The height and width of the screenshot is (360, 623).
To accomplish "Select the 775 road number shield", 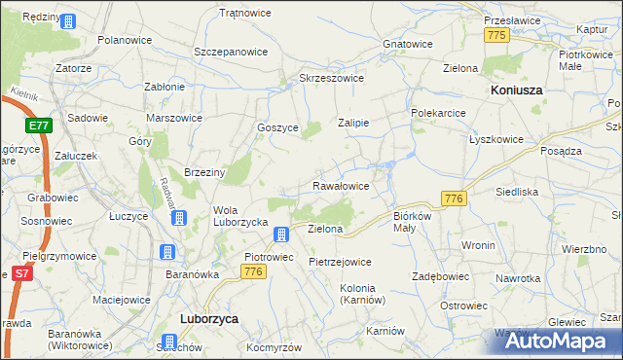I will click(x=496, y=35).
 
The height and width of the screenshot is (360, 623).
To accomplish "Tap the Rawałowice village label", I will click(x=341, y=185).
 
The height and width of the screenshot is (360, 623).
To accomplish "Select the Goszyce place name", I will click(x=276, y=126).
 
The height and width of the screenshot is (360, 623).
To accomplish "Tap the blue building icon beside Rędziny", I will click(x=68, y=20).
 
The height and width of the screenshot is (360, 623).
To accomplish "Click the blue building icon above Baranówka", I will click(x=167, y=253).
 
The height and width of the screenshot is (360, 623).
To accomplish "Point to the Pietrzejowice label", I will click(x=340, y=262).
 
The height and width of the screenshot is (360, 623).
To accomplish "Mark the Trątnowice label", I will click(x=244, y=13).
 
